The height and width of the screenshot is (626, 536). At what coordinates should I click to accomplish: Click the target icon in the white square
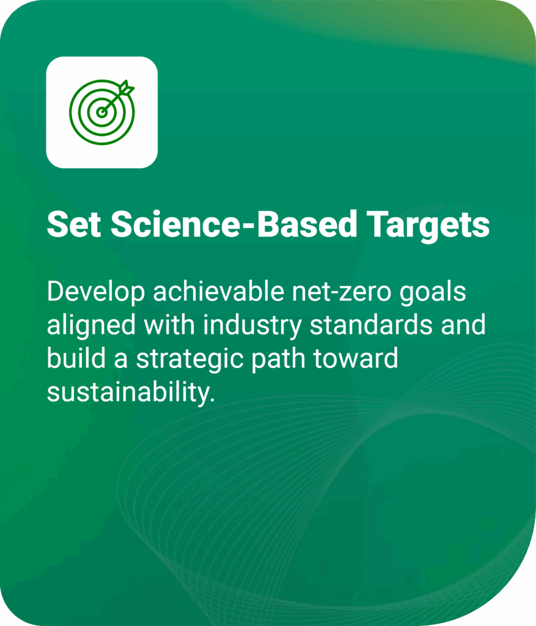[101, 112]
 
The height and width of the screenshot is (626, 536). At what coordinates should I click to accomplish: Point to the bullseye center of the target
[101, 112]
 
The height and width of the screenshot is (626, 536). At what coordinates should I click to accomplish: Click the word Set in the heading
[73, 226]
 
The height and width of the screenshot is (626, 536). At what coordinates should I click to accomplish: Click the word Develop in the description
[96, 292]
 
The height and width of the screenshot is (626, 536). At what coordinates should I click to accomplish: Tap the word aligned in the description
[91, 326]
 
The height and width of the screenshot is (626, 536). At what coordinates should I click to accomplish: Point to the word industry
[254, 326]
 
